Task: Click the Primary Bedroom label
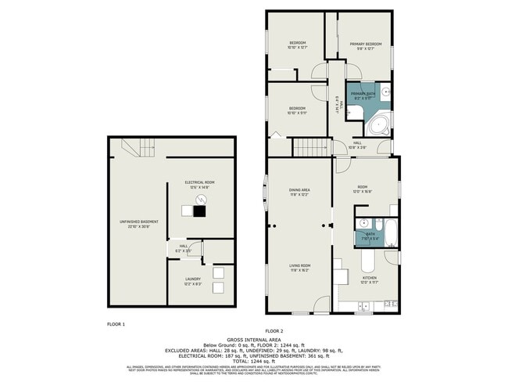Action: tap(366, 45)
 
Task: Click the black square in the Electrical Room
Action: tap(200, 210)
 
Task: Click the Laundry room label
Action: tap(192, 280)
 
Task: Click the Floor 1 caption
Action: tap(116, 323)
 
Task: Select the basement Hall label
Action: tap(184, 248)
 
